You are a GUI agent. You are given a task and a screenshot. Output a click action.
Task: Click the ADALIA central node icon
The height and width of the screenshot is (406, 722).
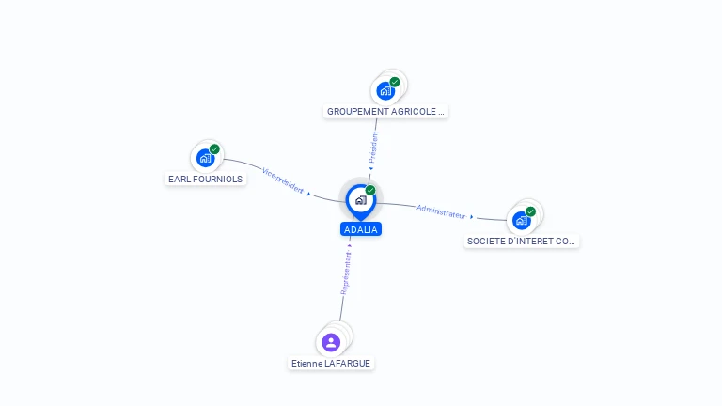click(x=360, y=200)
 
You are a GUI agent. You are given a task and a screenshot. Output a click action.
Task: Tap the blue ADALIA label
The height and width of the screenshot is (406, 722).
click(x=361, y=229)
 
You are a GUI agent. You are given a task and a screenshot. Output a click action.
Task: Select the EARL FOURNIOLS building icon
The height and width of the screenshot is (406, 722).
click(x=205, y=158)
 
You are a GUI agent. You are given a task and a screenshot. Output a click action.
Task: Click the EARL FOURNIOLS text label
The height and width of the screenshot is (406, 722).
click(x=206, y=179)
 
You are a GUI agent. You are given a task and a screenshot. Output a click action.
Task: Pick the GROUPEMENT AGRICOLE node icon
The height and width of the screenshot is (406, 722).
click(x=385, y=91)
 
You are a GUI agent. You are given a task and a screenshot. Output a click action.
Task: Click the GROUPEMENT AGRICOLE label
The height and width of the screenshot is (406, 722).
click(x=385, y=111)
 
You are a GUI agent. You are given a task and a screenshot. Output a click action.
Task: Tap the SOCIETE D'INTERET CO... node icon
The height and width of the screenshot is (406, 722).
click(x=521, y=221)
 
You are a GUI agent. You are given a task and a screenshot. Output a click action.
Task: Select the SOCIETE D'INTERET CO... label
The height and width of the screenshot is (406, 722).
click(x=522, y=242)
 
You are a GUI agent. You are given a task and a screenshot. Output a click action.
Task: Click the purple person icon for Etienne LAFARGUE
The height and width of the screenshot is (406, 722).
click(x=331, y=342)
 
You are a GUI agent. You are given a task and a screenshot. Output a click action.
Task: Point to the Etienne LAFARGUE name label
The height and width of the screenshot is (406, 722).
click(x=332, y=363)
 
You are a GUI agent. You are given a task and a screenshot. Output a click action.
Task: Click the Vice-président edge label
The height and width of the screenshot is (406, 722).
click(x=283, y=180)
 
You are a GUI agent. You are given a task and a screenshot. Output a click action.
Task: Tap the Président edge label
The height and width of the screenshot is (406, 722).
click(x=373, y=148)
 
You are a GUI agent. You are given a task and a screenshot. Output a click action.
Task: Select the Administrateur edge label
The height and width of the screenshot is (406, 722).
click(x=441, y=211)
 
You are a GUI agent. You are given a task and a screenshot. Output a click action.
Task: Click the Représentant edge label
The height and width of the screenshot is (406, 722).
click(x=346, y=273)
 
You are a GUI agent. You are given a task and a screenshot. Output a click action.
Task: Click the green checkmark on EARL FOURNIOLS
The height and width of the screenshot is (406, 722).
click(x=214, y=149)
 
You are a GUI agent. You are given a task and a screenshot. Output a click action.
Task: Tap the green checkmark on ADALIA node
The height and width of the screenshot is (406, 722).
click(x=370, y=191)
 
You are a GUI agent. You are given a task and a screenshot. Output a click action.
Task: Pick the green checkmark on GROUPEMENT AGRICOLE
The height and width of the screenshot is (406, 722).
click(x=395, y=82)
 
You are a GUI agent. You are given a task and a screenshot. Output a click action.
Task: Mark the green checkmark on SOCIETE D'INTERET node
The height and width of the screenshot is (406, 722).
click(x=530, y=211)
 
